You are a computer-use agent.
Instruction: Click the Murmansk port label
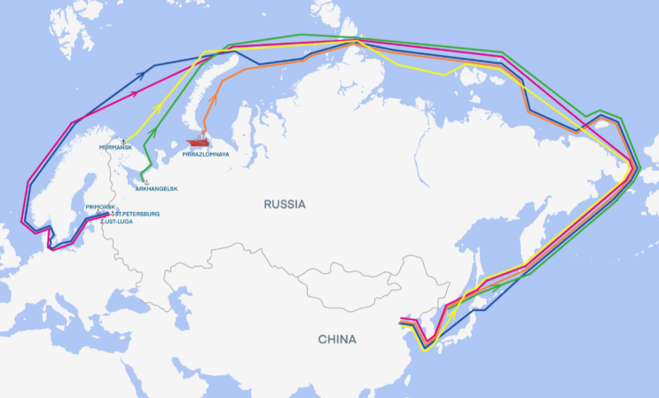click(115, 146)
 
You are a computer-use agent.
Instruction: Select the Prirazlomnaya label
click(205, 154)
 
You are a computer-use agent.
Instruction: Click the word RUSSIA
click(285, 204)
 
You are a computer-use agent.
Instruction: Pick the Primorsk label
click(100, 207)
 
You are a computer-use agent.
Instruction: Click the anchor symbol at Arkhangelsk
click(146, 181)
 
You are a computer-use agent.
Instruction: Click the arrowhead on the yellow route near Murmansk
click(159, 107)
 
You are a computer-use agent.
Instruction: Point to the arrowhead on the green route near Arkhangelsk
click(153, 132)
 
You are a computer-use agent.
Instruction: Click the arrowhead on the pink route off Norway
click(137, 91)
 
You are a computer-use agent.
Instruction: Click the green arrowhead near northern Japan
click(484, 287)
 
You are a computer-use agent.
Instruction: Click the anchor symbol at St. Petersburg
click(110, 214)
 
